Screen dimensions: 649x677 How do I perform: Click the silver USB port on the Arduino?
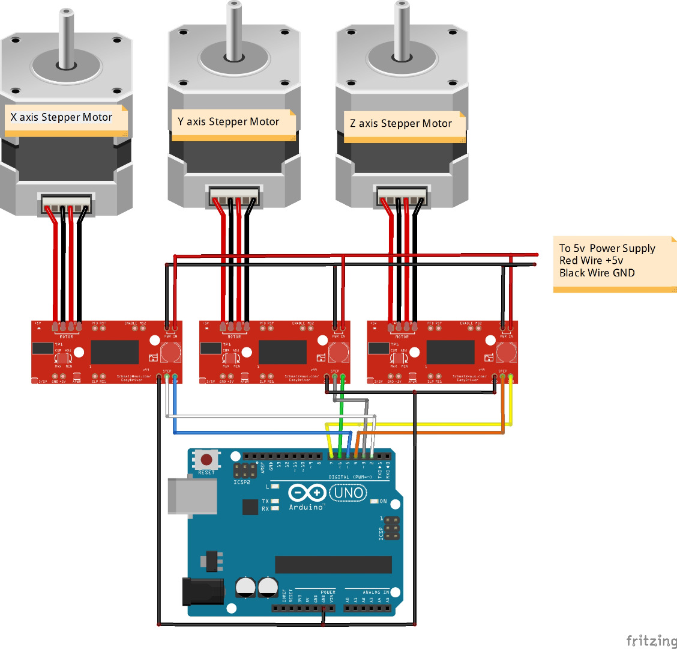[x=192, y=496]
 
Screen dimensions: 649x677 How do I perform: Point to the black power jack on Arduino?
[x=203, y=591]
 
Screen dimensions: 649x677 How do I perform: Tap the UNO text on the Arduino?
[x=349, y=493]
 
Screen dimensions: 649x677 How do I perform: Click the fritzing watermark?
[x=651, y=641]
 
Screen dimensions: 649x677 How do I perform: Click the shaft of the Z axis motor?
[x=402, y=30]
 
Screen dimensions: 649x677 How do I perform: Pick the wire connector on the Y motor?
[x=234, y=197]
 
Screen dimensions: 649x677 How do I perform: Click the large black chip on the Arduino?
[x=333, y=564]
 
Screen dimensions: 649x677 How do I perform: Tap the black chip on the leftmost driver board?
[x=115, y=352]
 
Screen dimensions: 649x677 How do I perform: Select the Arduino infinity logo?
[x=307, y=493]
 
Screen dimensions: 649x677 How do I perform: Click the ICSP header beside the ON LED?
[x=391, y=528]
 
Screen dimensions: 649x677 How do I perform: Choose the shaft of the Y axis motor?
[x=234, y=30]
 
